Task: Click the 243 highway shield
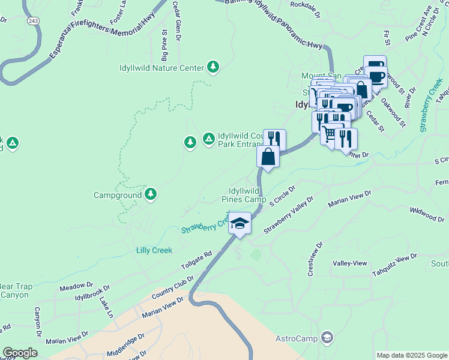(33, 20)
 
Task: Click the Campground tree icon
(151, 194)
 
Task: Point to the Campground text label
(118, 195)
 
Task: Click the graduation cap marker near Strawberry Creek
(240, 223)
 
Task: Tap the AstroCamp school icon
(327, 338)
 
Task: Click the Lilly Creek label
(154, 250)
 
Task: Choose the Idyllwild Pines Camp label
(244, 195)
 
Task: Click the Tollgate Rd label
(196, 262)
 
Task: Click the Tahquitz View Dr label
(394, 261)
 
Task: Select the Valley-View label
(349, 263)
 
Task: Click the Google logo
(20, 353)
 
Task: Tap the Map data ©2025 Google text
(412, 355)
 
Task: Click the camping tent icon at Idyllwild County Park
(208, 139)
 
